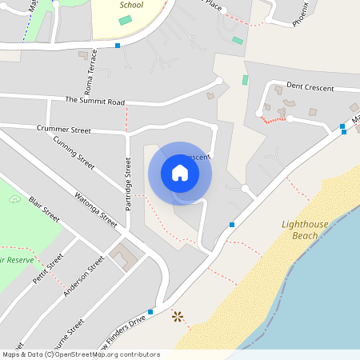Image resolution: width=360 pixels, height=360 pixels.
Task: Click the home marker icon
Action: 180,173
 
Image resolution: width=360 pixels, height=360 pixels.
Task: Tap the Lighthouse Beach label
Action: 305,230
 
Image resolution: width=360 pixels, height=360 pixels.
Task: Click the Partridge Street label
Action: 128,184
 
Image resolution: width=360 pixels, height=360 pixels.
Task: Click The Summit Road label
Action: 95,102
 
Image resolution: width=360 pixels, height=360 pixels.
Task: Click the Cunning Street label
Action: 74,153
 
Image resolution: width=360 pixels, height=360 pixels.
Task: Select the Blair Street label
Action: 44,210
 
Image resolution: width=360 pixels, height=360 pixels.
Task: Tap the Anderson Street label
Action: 85,275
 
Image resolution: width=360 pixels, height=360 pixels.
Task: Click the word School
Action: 131,5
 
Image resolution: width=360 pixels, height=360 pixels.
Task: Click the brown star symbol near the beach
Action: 178,318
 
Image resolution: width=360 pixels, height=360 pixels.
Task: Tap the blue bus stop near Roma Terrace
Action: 118,46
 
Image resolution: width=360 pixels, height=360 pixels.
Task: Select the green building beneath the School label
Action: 125,19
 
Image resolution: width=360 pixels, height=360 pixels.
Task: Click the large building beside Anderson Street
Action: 124,258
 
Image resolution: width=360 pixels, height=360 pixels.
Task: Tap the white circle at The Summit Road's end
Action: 219,80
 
